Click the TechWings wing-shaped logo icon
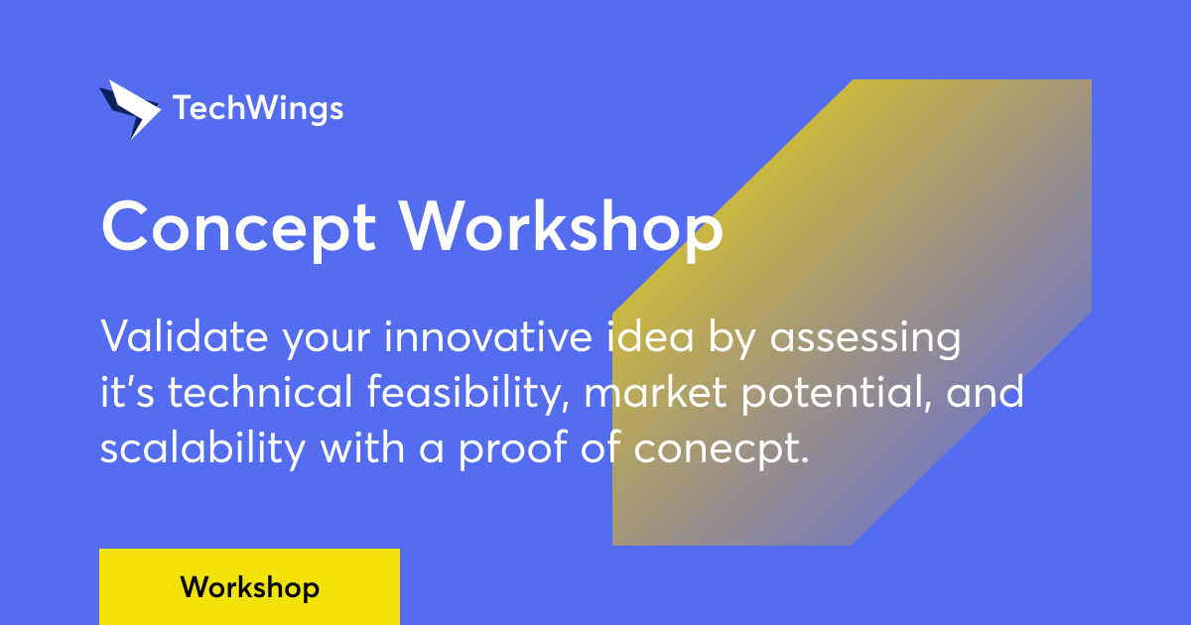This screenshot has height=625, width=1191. pyautogui.click(x=128, y=108)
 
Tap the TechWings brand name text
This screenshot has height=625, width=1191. pyautogui.click(x=258, y=108)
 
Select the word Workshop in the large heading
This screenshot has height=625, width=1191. pyautogui.click(x=562, y=227)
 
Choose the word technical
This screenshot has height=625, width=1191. pyautogui.click(x=259, y=394)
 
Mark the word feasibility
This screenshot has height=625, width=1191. pyautogui.click(x=469, y=394)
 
